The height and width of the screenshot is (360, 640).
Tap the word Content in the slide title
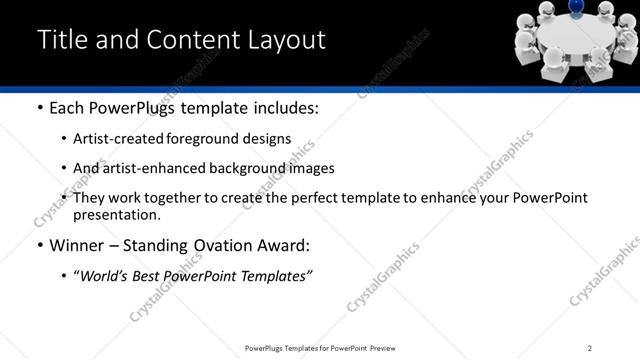190,40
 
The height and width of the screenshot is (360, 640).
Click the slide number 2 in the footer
590,348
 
